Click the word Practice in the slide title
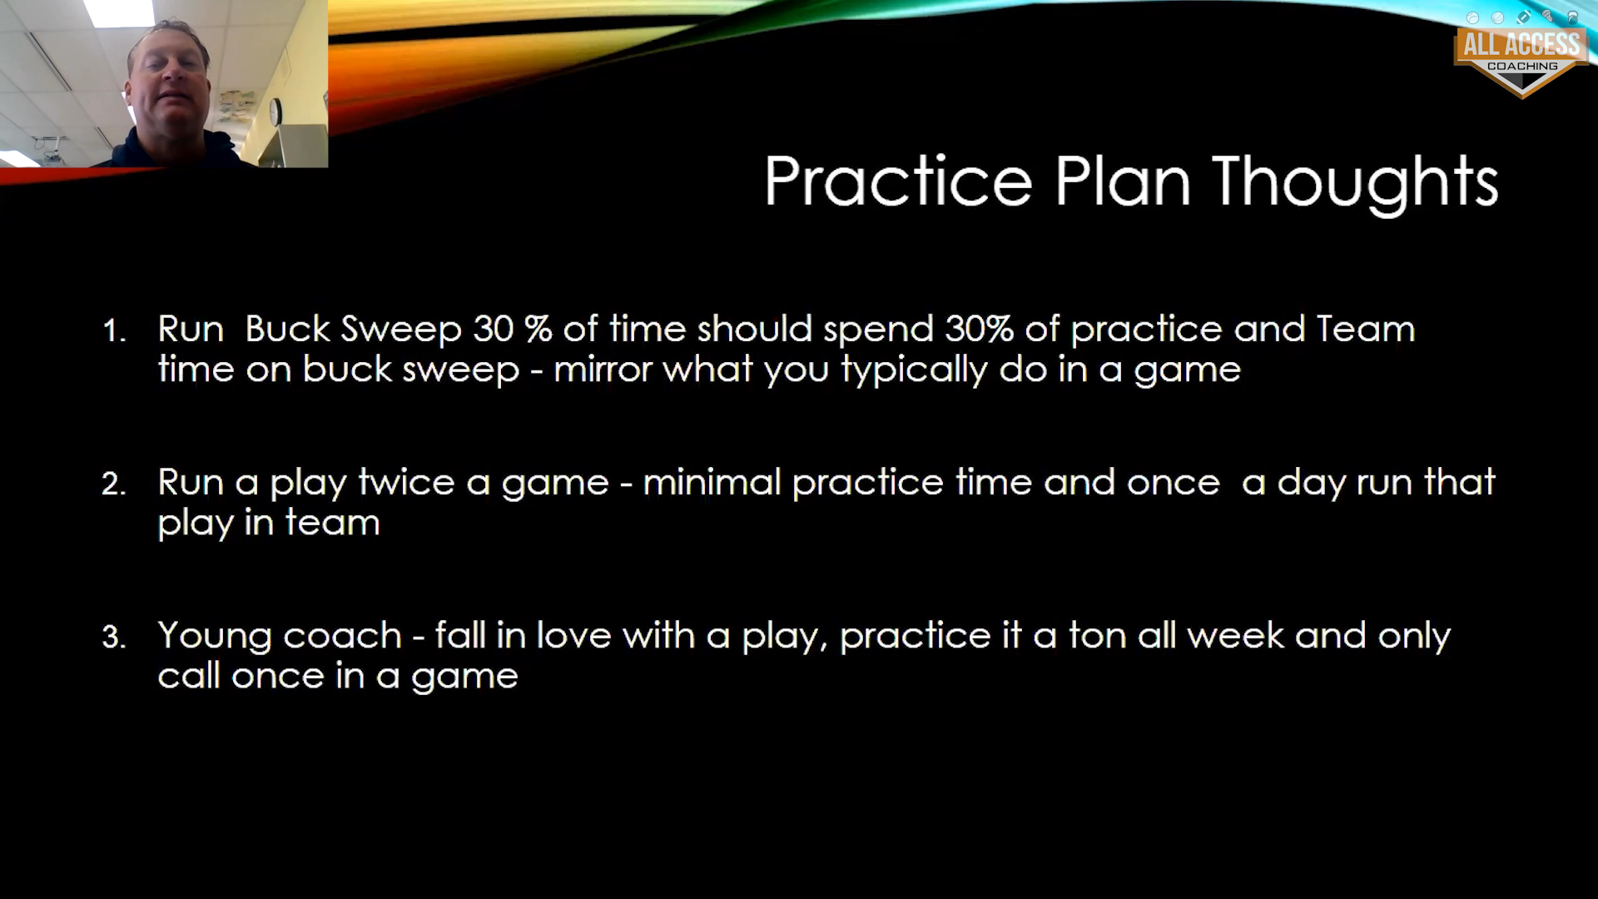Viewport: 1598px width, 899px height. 898,181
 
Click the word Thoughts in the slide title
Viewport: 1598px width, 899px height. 1355,183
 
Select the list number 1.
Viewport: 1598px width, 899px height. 114,331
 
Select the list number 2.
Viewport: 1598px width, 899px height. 113,484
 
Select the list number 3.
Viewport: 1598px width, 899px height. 113,638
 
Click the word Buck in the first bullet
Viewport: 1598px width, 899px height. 287,328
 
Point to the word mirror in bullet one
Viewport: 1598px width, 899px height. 603,369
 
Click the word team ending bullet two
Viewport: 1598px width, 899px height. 332,523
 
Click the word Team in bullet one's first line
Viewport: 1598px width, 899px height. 1365,328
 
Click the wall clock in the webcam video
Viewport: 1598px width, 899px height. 275,112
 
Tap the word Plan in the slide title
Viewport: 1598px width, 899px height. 1122,181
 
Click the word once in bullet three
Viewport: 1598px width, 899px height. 277,676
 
